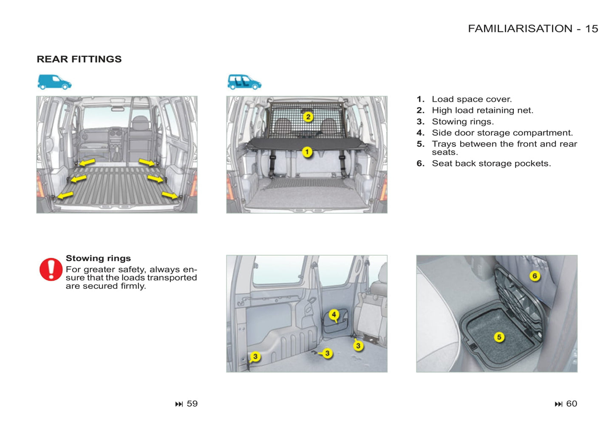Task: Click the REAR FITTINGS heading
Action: [x=79, y=59]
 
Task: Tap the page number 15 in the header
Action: [x=591, y=29]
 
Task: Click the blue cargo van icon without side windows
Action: [x=54, y=82]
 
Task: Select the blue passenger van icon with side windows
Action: [x=244, y=82]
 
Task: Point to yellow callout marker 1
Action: [x=307, y=152]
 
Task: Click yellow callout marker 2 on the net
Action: [x=308, y=116]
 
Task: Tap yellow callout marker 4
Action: [x=334, y=314]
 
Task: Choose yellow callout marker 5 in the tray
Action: [x=499, y=337]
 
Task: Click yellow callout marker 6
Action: [x=535, y=276]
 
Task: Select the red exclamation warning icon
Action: [x=51, y=269]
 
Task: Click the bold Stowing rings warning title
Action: [x=98, y=258]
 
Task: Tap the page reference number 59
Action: [x=192, y=404]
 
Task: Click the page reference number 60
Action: [x=572, y=404]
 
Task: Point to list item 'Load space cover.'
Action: [x=472, y=99]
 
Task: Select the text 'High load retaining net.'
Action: [x=482, y=110]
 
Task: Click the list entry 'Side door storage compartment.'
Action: [x=502, y=133]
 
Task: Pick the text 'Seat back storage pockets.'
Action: [x=491, y=164]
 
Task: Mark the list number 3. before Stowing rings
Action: [x=420, y=122]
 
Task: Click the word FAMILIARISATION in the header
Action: [x=520, y=29]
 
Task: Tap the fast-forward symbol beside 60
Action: [x=558, y=404]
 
